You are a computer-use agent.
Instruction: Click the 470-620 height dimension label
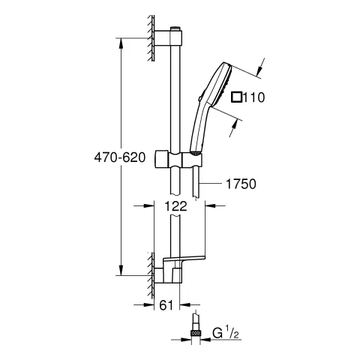pos(120,157)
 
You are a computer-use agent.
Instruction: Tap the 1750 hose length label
pos(241,184)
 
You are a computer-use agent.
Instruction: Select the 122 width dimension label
pos(175,206)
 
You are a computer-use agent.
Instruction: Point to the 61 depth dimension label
pos(166,305)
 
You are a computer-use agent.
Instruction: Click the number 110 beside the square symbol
pos(253,97)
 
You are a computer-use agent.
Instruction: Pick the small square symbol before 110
pos(236,97)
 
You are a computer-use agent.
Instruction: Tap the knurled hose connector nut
pos(196,333)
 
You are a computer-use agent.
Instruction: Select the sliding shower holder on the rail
pos(178,160)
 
